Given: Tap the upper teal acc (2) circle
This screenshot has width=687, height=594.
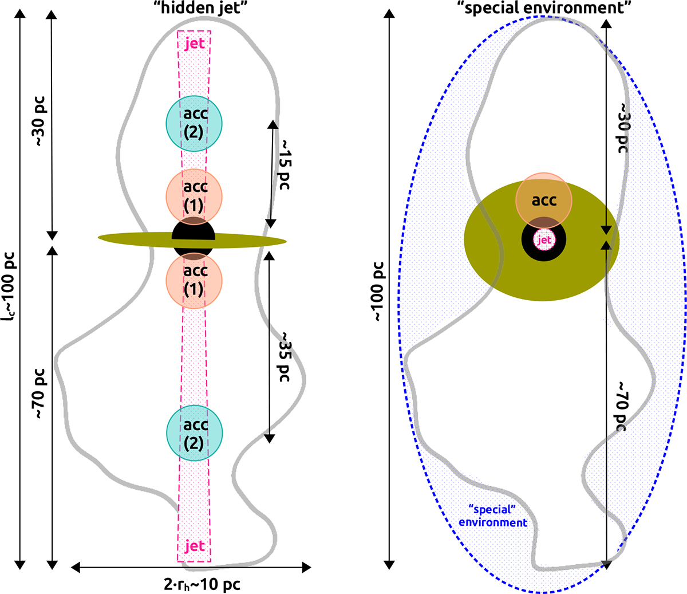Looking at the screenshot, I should (x=194, y=123).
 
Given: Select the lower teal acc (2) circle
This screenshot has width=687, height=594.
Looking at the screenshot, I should (x=194, y=434).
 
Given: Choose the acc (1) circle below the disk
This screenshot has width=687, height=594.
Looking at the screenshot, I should (x=194, y=281).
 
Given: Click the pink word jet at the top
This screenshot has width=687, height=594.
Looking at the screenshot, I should (x=195, y=44).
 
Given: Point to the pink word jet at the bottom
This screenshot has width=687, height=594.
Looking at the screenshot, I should (x=195, y=546).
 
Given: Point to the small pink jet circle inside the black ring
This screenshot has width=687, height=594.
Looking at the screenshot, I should (x=544, y=240).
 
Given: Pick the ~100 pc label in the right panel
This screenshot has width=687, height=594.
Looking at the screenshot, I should (x=380, y=292).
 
